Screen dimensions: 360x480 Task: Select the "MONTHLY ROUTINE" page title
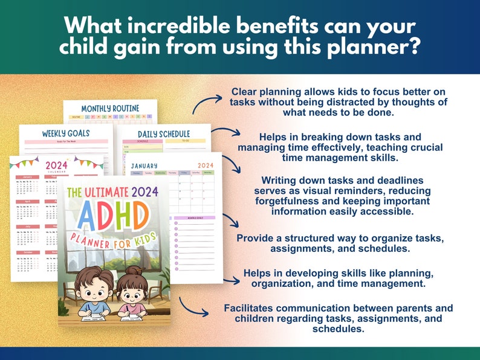(110, 108)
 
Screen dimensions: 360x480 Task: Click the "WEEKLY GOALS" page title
(66, 133)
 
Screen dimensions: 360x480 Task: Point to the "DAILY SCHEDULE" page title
(163, 133)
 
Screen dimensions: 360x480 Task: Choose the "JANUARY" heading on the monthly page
(144, 165)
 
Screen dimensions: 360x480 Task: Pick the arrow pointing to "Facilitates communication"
(193, 307)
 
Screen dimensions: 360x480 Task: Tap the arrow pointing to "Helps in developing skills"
(232, 280)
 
